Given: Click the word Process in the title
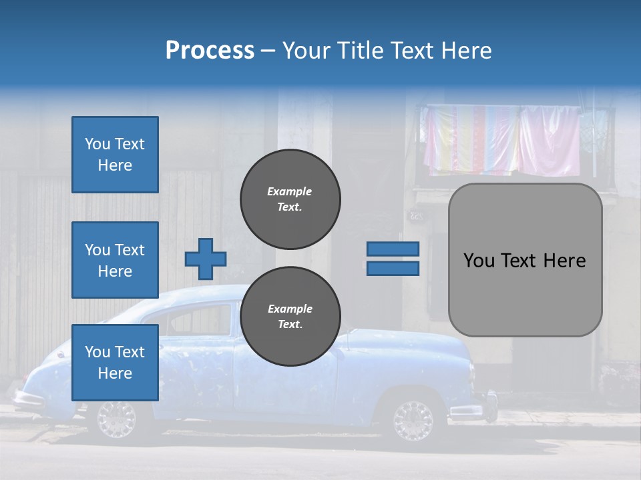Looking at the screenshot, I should coord(210,51).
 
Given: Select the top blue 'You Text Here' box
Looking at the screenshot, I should coord(115,155).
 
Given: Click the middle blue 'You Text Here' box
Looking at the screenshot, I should coord(115,260).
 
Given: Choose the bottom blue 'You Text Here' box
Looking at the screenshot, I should coord(115,363).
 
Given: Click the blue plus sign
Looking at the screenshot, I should coord(206,259).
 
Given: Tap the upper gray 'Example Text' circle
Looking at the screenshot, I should coord(290,199).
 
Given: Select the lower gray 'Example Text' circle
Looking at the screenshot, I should coord(290,316).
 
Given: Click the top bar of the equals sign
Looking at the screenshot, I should coord(393,249).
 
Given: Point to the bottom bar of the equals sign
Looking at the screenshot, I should coord(393,268).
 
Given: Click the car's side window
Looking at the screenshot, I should coord(200,319).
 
